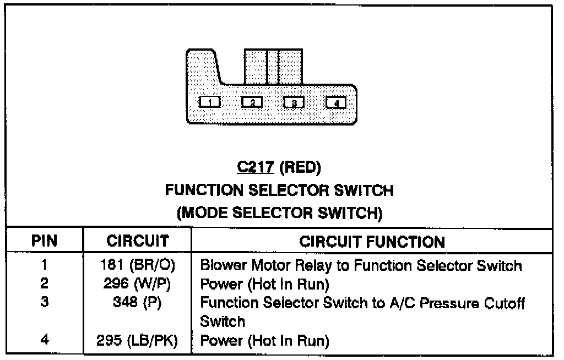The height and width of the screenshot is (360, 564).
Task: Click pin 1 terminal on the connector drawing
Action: coord(209,102)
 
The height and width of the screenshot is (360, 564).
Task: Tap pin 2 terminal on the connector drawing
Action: coord(252,102)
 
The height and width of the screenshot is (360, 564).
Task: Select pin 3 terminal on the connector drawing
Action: coord(294,102)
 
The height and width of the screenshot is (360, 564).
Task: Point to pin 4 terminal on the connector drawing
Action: coord(336,102)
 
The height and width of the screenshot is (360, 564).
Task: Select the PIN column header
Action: coord(44,241)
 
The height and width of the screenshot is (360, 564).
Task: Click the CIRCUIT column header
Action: coord(137,241)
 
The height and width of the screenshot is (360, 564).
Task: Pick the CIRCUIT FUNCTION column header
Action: coord(372,241)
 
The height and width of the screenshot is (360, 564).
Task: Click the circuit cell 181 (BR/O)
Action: coord(138,266)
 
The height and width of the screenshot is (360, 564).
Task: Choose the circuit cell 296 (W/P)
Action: coord(138,284)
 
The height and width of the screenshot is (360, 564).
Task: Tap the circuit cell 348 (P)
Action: coord(138,303)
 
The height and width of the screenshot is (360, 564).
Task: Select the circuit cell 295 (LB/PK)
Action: coord(138,341)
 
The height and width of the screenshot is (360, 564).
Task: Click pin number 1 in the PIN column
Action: coord(44,266)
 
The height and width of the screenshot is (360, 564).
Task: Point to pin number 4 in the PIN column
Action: coord(44,341)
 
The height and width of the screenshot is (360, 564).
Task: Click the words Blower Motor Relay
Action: coord(267,266)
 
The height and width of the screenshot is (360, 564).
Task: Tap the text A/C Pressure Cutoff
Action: coord(441,303)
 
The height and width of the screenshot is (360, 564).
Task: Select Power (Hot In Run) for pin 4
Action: coord(264,341)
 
